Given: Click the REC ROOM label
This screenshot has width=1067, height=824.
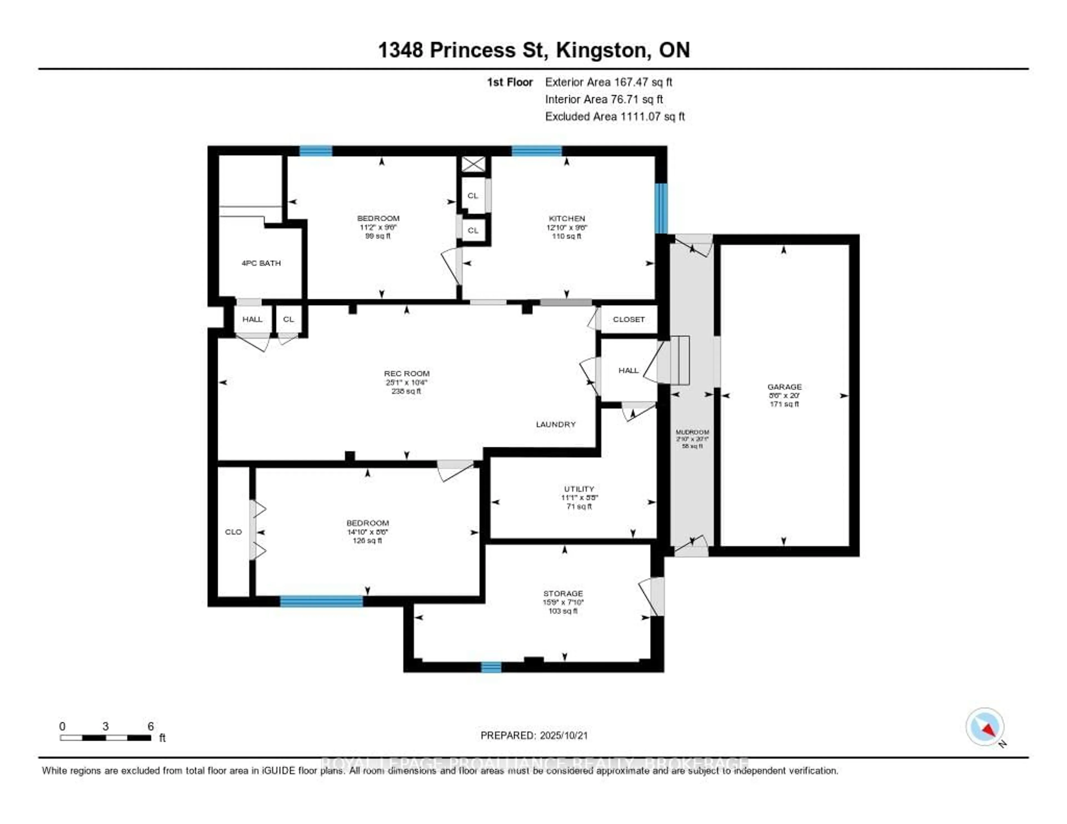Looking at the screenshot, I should point(407,373).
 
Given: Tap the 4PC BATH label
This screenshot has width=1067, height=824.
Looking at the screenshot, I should point(261,263).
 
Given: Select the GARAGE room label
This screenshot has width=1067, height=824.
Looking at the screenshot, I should point(784,386).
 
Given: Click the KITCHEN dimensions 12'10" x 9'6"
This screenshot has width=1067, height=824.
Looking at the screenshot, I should point(567,227).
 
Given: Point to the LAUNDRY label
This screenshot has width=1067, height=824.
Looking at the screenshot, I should point(555,424).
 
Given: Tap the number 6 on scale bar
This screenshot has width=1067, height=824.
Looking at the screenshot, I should point(151,726).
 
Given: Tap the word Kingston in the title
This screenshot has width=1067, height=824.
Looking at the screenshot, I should point(603,50).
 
